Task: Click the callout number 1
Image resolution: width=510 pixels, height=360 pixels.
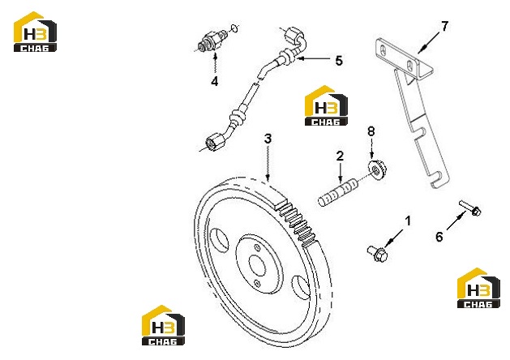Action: click(408, 221)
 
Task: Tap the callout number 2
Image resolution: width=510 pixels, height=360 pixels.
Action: click(340, 156)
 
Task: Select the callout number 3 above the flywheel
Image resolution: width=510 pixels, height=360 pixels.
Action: click(268, 139)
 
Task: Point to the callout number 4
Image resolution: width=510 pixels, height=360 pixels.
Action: click(214, 81)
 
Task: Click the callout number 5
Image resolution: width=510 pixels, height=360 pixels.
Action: click(339, 61)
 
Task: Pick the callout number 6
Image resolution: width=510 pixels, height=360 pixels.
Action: click(439, 237)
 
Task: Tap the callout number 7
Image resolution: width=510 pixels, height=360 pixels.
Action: click(444, 26)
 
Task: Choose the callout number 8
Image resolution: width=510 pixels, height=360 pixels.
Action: click(371, 131)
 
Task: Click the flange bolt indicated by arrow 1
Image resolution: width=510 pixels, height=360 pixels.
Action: click(377, 253)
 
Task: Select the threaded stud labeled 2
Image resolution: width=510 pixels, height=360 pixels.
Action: click(338, 193)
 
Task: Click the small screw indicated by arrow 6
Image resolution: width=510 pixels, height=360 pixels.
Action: click(470, 208)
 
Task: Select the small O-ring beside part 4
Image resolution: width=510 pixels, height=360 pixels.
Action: click(235, 28)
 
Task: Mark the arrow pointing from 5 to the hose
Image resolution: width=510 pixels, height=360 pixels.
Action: click(314, 58)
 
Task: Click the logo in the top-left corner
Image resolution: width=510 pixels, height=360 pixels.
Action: click(35, 32)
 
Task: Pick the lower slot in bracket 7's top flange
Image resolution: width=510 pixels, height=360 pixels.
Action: click(411, 65)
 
